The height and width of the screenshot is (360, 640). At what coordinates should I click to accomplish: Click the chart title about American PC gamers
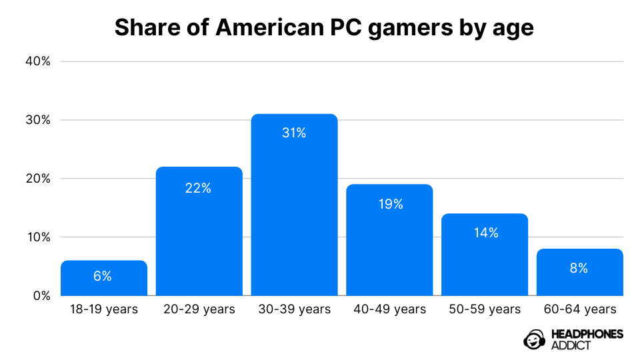point(324,28)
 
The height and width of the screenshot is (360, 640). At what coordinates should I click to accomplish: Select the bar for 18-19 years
point(104,278)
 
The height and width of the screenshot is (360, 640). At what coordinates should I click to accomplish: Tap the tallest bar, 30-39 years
point(294,205)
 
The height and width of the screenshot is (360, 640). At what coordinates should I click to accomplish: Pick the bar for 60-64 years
point(579,272)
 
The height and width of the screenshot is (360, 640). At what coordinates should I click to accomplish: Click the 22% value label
point(199,188)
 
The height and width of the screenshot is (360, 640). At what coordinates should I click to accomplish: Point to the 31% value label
point(294,133)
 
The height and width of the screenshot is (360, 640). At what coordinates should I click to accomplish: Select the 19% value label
point(391,204)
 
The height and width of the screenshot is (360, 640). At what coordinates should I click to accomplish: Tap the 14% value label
point(486,233)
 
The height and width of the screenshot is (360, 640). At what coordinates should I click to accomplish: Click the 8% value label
point(579,268)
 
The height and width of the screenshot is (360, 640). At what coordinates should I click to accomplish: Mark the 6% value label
point(103,276)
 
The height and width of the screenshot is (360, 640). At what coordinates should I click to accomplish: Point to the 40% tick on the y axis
point(38,61)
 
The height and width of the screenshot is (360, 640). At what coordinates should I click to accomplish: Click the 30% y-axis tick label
point(38,120)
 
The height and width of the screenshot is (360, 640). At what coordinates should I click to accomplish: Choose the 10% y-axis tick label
point(39,237)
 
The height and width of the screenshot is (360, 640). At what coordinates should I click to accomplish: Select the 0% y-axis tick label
point(41,296)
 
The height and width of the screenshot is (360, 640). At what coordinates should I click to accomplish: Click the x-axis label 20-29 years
point(199,309)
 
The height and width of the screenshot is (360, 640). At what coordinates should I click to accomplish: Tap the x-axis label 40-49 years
point(390,309)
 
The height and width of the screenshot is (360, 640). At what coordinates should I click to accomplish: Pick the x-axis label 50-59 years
point(485,309)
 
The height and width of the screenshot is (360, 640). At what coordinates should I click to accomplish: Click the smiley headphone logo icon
point(534,339)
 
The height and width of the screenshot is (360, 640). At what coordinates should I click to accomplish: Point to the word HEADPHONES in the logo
point(587,334)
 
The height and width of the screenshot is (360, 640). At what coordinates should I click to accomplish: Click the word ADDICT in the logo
point(571,345)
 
